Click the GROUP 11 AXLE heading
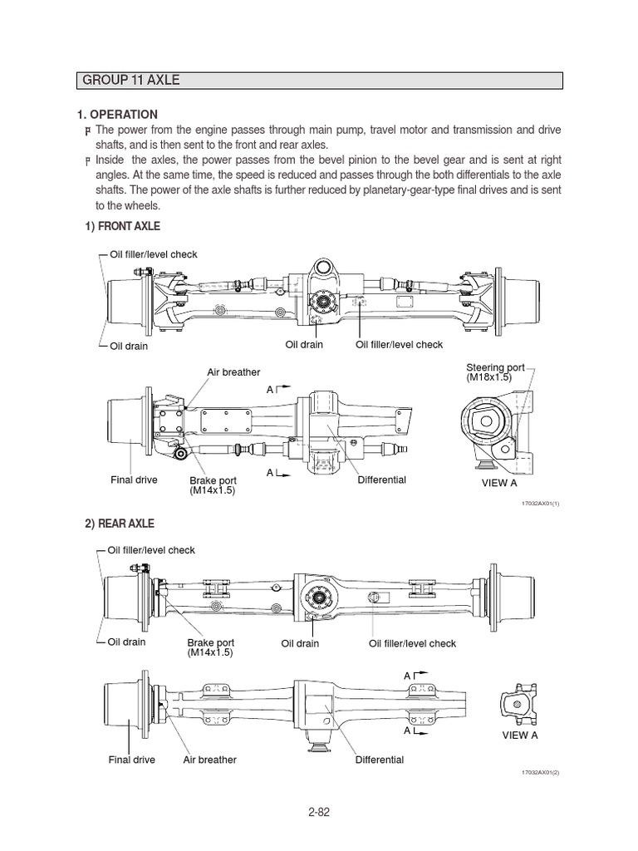(x=130, y=81)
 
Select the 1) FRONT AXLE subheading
(x=121, y=226)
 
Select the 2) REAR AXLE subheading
(x=119, y=524)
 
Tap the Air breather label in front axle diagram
(x=233, y=372)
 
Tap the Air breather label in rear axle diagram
(x=209, y=760)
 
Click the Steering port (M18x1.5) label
(x=489, y=371)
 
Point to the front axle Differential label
(x=381, y=480)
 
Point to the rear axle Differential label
(x=379, y=760)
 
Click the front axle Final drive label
(x=134, y=480)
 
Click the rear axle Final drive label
(x=131, y=760)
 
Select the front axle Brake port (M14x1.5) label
(x=212, y=485)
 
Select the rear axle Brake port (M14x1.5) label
(x=211, y=647)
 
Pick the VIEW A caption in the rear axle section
(x=520, y=735)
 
